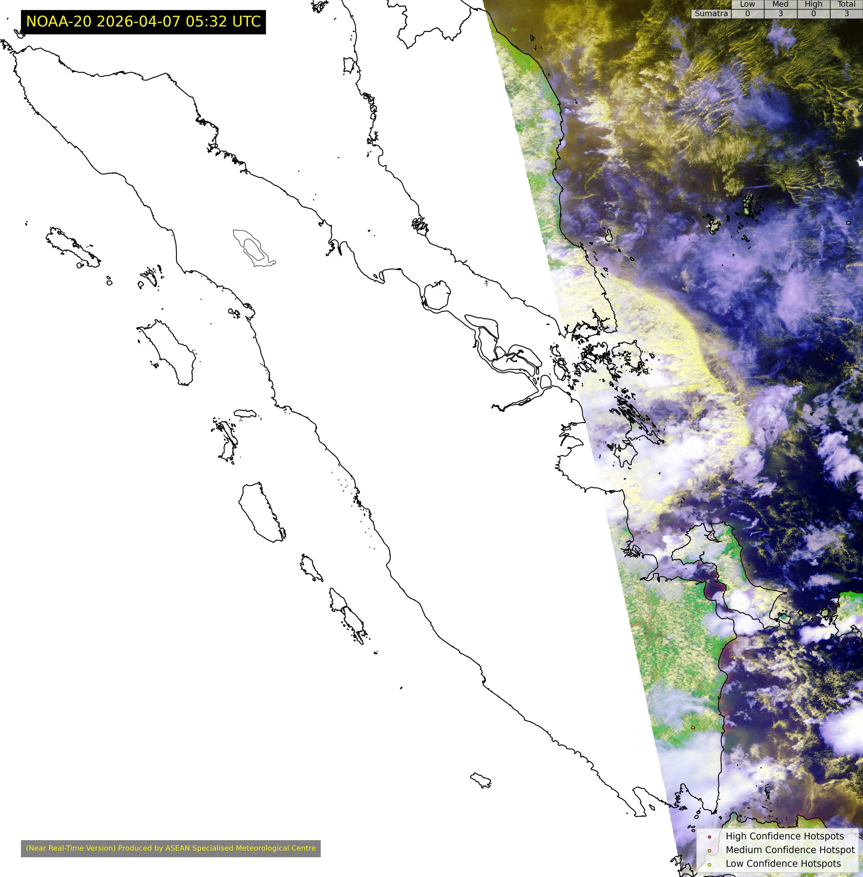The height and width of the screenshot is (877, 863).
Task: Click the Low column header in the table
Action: pos(747,4)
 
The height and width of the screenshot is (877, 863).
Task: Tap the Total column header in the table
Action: pos(846,4)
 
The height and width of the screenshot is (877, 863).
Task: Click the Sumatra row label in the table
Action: pos(711,14)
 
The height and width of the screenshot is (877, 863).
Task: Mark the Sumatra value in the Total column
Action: pos(846,14)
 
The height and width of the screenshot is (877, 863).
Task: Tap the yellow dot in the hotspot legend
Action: pos(709,864)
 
